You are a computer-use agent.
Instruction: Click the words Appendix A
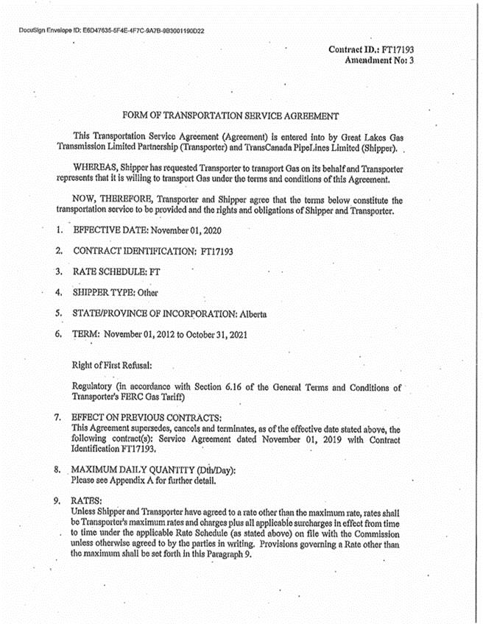coord(136,481)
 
